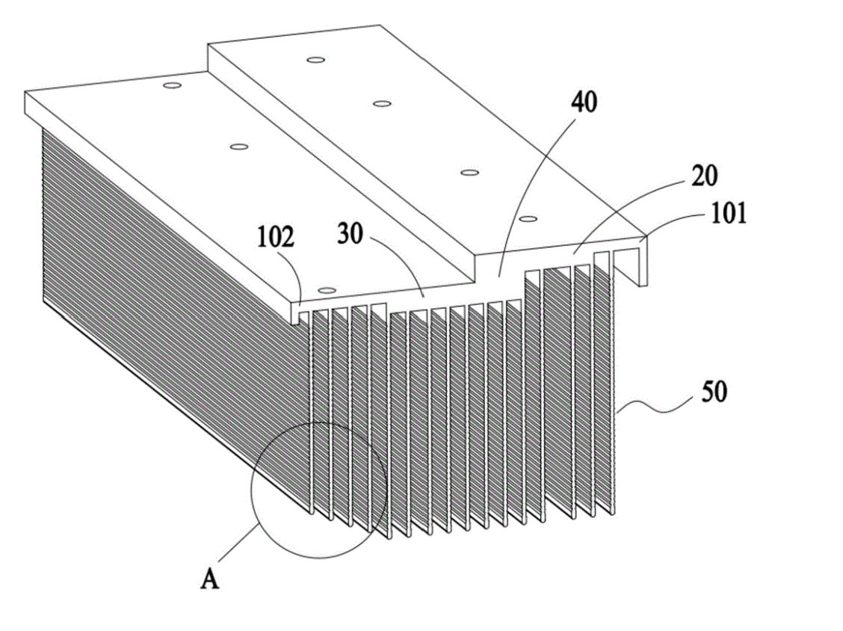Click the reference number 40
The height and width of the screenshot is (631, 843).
click(x=584, y=103)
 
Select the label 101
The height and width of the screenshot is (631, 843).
click(x=728, y=215)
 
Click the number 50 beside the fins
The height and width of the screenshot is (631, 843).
click(x=714, y=392)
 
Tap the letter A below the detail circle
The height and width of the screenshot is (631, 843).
click(x=211, y=579)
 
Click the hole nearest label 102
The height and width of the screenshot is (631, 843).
click(x=326, y=289)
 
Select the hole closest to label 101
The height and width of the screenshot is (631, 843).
click(x=528, y=219)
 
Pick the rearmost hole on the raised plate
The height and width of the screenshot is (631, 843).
click(x=315, y=59)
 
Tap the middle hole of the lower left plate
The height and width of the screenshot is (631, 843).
click(x=238, y=147)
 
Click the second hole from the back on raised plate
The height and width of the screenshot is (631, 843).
click(x=382, y=104)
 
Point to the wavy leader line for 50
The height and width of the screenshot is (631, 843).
click(x=658, y=404)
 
